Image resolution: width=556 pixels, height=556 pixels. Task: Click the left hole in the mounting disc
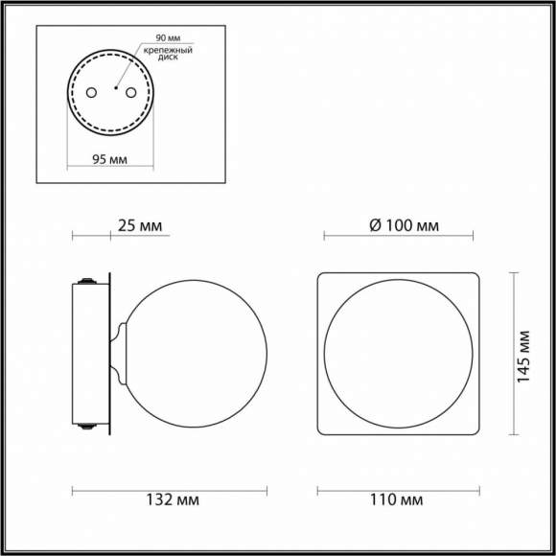tap(92, 92)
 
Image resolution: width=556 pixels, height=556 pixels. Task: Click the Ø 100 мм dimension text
tap(404, 226)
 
